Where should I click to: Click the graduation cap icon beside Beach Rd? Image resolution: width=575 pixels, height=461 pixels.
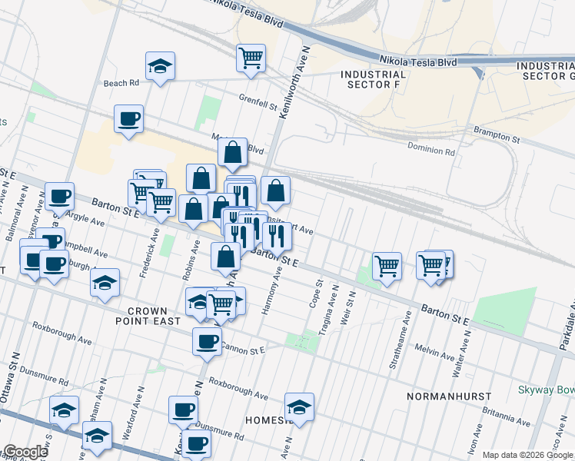pyautogui.click(x=160, y=66)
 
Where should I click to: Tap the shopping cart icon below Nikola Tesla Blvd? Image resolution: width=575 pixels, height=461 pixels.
pyautogui.click(x=251, y=57)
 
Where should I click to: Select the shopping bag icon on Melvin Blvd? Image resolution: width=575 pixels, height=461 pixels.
pyautogui.click(x=232, y=153)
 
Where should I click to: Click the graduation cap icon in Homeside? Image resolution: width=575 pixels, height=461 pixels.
pyautogui.click(x=299, y=406)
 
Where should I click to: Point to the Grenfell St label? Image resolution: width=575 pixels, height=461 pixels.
pyautogui.click(x=257, y=98)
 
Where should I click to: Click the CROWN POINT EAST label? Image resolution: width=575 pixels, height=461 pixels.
pyautogui.click(x=155, y=316)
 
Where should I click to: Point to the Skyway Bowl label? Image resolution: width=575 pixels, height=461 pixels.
pyautogui.click(x=547, y=390)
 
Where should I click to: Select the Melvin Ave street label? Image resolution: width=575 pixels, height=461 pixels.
pyautogui.click(x=435, y=353)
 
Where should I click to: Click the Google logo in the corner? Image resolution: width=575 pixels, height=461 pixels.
pyautogui.click(x=25, y=452)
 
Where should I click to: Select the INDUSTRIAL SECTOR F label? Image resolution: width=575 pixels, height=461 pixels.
pyautogui.click(x=373, y=80)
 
